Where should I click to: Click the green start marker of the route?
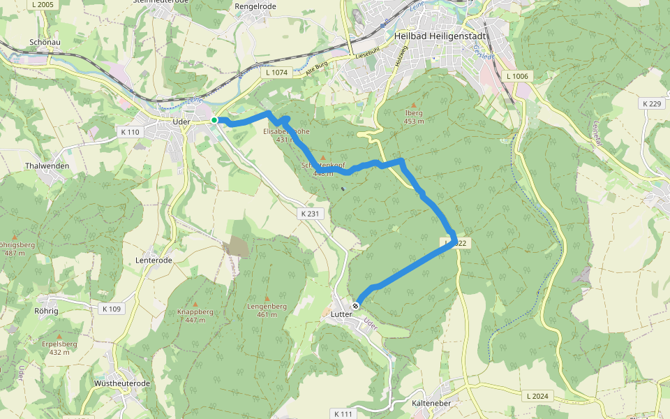(x=214, y=120)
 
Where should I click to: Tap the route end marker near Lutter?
(x=356, y=305)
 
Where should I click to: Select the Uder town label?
(x=181, y=122)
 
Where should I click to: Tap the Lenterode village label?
(x=153, y=260)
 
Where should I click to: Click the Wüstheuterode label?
(x=122, y=383)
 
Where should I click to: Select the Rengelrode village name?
(x=255, y=6)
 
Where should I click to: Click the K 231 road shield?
(x=311, y=214)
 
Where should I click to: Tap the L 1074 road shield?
(x=277, y=72)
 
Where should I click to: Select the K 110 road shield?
(x=130, y=132)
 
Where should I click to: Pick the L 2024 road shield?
(x=537, y=396)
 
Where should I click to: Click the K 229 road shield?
(x=650, y=104)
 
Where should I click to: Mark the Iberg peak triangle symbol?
(x=413, y=105)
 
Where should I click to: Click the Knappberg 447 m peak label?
(x=195, y=316)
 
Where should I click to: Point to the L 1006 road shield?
(x=517, y=75)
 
